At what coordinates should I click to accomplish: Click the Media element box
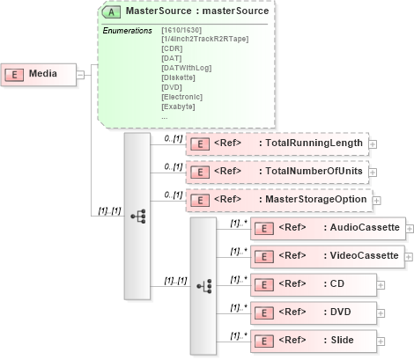coord(34,74)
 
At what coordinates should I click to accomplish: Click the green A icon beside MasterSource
coord(113,13)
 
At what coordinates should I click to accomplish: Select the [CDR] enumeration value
coord(173,48)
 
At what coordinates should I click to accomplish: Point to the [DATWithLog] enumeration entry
coord(188,67)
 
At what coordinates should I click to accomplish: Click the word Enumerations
coord(128,30)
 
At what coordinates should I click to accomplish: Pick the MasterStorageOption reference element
coord(278,200)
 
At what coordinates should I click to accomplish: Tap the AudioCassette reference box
coord(328,228)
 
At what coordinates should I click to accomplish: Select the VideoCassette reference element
coord(328,256)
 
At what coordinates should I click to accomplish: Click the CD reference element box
coord(314,284)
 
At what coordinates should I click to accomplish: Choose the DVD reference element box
coord(314,312)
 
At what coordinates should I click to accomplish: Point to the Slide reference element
coord(314,341)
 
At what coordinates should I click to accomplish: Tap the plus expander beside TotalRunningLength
coord(373,143)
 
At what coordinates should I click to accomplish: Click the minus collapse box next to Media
coord(80,74)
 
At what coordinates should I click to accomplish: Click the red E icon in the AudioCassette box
coord(262,228)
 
